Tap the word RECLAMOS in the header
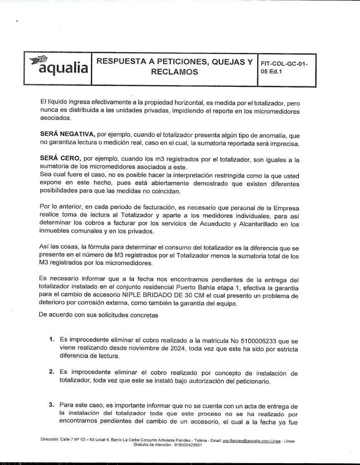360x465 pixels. pyautogui.click(x=175, y=72)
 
